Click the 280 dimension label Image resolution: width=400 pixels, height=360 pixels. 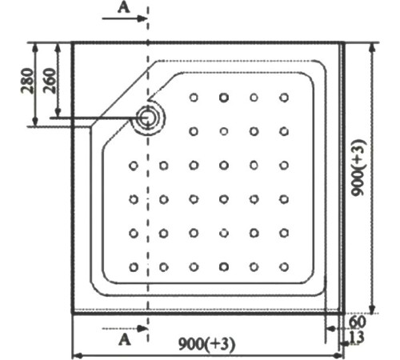click(28, 81)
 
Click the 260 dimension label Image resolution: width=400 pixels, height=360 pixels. click(50, 81)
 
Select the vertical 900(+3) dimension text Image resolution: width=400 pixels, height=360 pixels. click(358, 168)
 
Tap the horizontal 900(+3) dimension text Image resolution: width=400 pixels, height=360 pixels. click(207, 344)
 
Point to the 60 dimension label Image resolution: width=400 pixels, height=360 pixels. click(358, 322)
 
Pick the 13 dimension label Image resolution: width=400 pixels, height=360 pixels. click(357, 338)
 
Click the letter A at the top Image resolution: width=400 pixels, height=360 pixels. click(124, 8)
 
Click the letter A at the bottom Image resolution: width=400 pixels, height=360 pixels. click(125, 340)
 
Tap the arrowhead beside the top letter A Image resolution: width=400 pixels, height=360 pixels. click(142, 18)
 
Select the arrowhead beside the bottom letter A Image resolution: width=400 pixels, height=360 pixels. click(142, 329)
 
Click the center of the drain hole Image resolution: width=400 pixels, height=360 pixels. click(146, 118)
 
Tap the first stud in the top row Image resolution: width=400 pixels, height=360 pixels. click(194, 98)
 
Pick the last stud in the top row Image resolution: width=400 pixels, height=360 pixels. click(284, 98)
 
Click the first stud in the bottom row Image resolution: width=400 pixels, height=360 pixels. click(134, 267)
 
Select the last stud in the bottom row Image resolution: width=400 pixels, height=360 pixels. click(284, 266)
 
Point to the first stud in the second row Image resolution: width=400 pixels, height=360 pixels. click(194, 131)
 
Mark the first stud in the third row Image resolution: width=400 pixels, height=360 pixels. click(134, 166)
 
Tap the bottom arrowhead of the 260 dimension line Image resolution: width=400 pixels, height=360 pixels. click(58, 112)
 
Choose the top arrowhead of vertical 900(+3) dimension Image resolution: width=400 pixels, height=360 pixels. click(373, 47)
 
